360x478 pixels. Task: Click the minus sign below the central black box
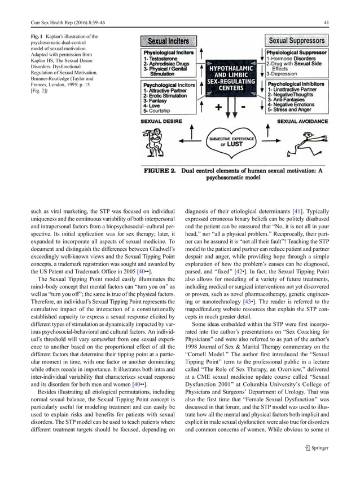click(244, 107)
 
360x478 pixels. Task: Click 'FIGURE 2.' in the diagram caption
click(164, 167)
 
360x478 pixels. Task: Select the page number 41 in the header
click(342, 22)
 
